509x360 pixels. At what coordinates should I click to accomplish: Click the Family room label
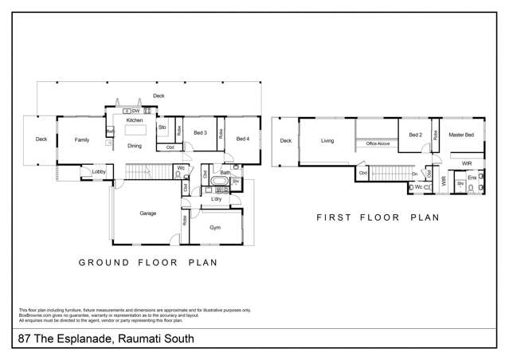tap(82, 140)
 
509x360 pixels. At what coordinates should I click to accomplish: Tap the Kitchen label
tap(135, 120)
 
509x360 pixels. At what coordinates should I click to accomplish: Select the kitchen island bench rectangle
tap(135, 130)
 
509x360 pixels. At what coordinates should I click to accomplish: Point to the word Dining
tap(135, 147)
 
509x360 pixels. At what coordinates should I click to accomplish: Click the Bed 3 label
tap(200, 133)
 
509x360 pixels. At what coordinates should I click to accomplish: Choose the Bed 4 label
tap(242, 139)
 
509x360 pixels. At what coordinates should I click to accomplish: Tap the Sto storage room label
tap(162, 127)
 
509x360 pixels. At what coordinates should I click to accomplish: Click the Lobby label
tap(99, 172)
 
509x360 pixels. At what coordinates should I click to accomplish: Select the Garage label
tap(148, 213)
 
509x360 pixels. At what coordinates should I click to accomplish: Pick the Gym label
tap(215, 228)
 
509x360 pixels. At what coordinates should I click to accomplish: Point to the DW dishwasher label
tap(136, 110)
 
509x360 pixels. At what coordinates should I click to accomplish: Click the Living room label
tap(327, 141)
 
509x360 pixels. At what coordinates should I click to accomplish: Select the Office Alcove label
tap(377, 143)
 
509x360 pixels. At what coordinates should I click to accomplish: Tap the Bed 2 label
tap(415, 135)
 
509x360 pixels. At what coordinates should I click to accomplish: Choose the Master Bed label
tap(461, 135)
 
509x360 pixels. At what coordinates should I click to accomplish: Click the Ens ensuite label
tap(472, 177)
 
